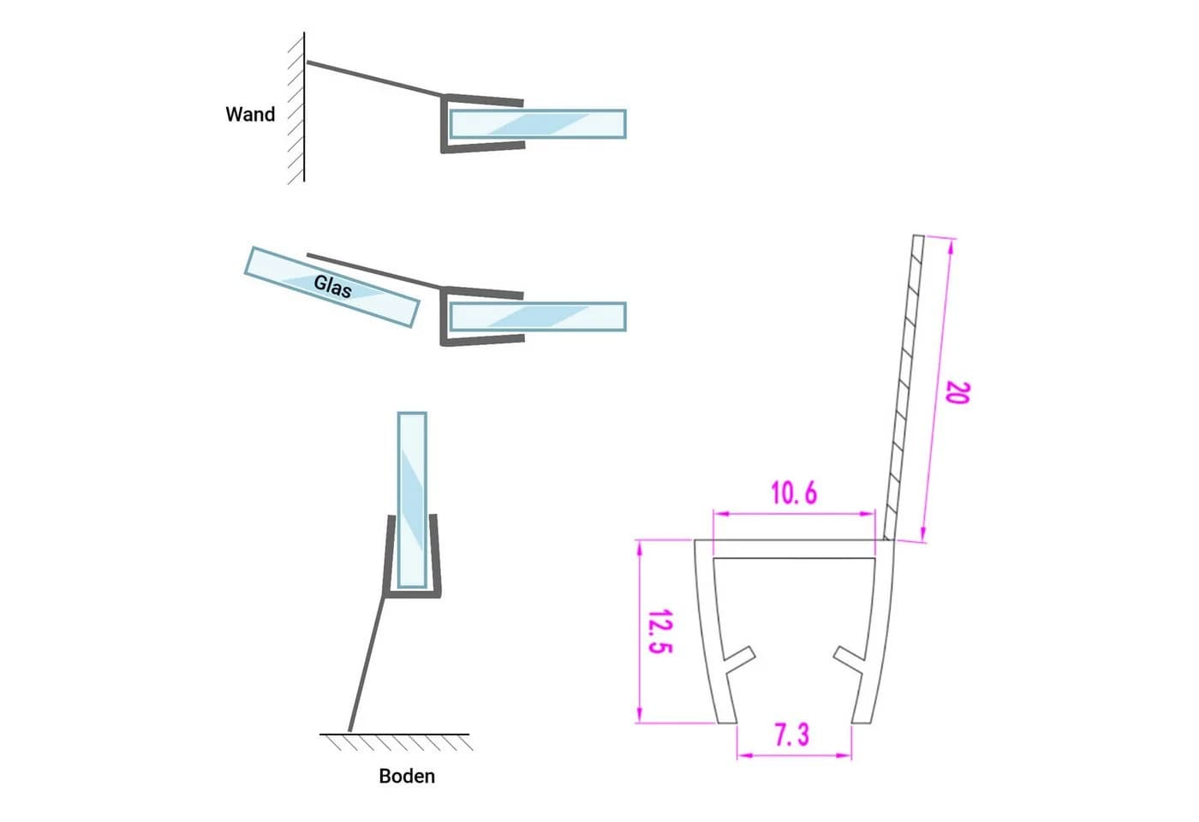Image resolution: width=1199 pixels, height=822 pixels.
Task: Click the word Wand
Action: coord(250,114)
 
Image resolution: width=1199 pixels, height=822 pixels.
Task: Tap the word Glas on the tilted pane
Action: coord(332,286)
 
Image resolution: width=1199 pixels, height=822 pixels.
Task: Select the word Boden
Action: coord(407,776)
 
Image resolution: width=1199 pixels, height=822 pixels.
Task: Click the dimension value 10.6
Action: coord(794,493)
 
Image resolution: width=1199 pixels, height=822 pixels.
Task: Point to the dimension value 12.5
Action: coord(660,632)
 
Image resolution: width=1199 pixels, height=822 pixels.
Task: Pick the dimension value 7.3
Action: coord(793,735)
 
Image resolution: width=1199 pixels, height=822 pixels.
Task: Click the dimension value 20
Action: coord(957,393)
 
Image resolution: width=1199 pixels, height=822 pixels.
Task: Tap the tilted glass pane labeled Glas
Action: coord(332,287)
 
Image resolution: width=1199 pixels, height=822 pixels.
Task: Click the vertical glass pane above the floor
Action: coord(412,500)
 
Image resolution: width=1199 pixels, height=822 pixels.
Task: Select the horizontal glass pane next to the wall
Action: coord(538,124)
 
